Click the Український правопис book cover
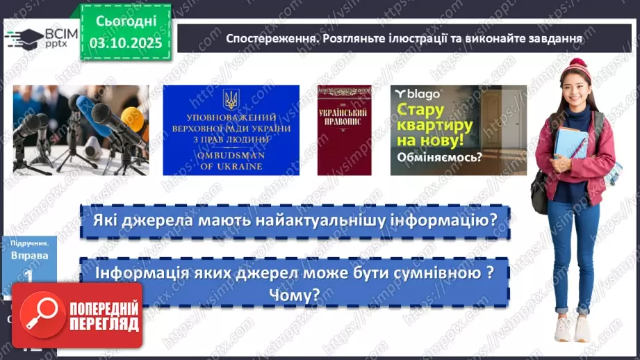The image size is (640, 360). (x=344, y=130)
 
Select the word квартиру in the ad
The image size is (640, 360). (x=435, y=126)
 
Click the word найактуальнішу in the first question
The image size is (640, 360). (x=352, y=221)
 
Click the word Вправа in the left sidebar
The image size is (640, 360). (x=30, y=255)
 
